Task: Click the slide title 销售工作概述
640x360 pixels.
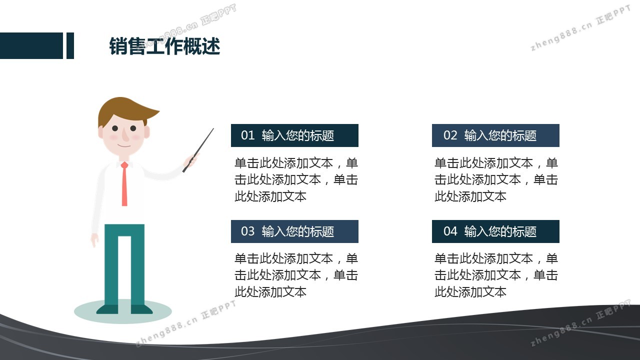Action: [165, 46]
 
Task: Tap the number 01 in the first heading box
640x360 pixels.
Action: [247, 135]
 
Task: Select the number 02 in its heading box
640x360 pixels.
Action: [450, 135]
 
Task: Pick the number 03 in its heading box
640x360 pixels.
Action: [247, 231]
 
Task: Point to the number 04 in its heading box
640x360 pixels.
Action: [450, 231]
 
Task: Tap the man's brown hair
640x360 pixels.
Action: [125, 110]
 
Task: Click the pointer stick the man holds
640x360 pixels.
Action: [198, 150]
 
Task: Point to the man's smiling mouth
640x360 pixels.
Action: [124, 145]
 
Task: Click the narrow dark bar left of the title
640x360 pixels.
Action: [70, 45]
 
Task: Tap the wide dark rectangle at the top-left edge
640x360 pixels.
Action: [31, 45]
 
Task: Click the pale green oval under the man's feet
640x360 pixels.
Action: [123, 312]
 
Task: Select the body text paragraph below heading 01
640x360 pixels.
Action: [296, 179]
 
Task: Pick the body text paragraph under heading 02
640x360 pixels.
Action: [496, 179]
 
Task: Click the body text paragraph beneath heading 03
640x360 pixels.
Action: [296, 275]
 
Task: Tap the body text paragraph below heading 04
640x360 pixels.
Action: [496, 275]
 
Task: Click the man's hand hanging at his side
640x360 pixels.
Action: [94, 240]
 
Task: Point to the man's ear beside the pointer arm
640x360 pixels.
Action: [147, 132]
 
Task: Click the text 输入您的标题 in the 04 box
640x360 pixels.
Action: [500, 231]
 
